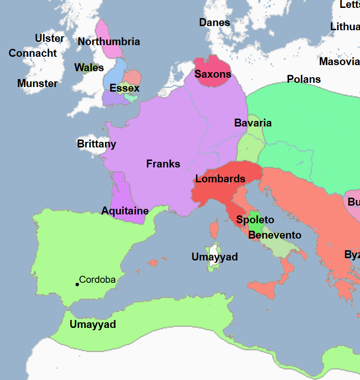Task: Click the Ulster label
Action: [50, 38]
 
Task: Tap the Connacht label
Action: [33, 53]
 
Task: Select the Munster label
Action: [37, 83]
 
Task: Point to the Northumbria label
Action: [109, 41]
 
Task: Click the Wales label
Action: [89, 67]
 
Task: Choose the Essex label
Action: [124, 88]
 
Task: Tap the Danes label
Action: [215, 22]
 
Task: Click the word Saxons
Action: [213, 74]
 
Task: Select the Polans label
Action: [304, 79]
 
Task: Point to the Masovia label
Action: [339, 61]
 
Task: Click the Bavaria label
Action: [253, 123]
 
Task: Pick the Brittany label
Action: [97, 144]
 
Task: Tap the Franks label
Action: [163, 163]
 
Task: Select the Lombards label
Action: [220, 179]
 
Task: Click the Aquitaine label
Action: [125, 211]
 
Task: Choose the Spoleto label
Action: [255, 220]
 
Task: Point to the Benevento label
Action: [275, 235]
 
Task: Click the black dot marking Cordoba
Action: [77, 284]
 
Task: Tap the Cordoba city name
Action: [97, 280]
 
